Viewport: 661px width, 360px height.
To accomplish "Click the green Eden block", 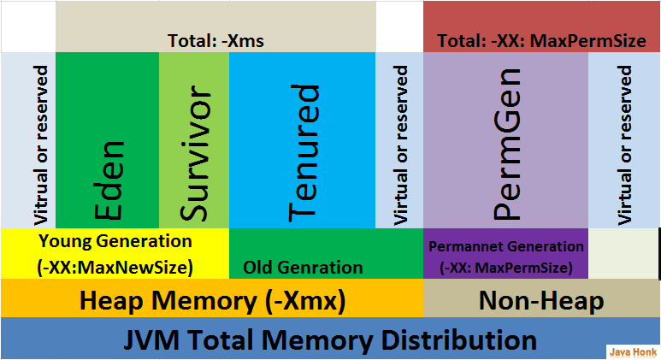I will (107, 141).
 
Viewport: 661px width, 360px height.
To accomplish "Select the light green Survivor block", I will (193, 141).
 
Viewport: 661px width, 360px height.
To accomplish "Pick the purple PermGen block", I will (505, 141).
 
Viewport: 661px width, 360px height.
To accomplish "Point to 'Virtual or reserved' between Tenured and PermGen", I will (399, 141).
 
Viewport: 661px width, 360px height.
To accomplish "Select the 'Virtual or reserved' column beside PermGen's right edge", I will (624, 141).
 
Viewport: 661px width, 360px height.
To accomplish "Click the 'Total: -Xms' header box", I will (215, 40).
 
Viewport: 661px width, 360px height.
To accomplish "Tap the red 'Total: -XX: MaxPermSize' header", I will (541, 40).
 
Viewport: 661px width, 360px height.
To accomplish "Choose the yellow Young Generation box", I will (115, 253).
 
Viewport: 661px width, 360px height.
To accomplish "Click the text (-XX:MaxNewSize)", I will (115, 267).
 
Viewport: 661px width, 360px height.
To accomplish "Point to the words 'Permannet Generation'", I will (505, 246).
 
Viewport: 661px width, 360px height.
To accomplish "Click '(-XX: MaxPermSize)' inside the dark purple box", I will (505, 267).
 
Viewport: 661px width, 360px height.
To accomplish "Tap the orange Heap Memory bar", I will (211, 300).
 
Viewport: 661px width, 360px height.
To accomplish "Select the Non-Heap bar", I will (541, 300).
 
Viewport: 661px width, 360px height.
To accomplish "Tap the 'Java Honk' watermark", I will (631, 351).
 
